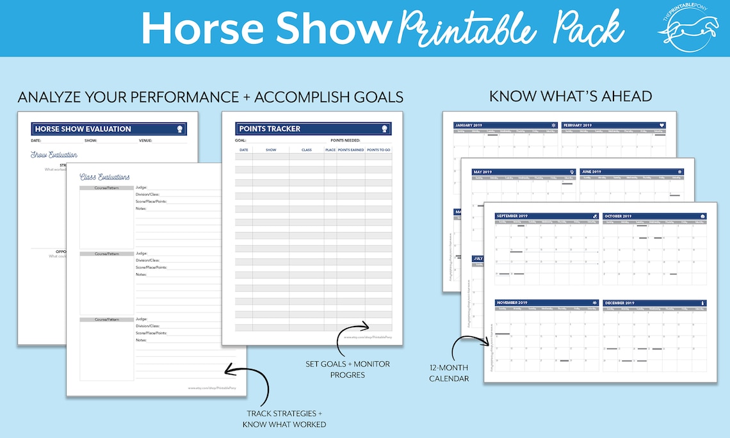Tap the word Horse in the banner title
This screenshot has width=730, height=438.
tap(192, 27)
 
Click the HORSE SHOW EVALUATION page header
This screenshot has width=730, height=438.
tap(83, 129)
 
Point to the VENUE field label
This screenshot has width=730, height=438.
tap(146, 140)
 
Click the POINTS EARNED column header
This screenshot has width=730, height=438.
tap(351, 150)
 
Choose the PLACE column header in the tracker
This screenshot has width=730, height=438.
tap(330, 150)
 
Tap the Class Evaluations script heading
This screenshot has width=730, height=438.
tap(104, 177)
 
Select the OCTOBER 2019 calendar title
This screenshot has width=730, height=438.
tap(619, 216)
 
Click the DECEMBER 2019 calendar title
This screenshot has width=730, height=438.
tap(620, 303)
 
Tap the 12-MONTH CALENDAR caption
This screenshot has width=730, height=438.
tap(449, 373)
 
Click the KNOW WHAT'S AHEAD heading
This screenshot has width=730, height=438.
tap(571, 97)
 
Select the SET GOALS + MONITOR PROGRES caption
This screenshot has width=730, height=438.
tap(348, 369)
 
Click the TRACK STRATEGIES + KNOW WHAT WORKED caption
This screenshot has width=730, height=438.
tap(284, 419)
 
